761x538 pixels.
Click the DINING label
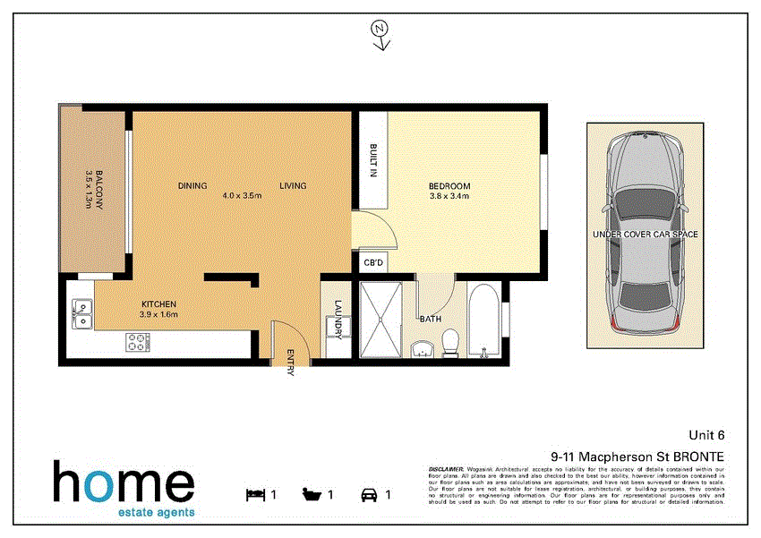192,186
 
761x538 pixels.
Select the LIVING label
293,186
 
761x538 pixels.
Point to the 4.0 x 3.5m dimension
242,195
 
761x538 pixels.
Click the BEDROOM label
449,186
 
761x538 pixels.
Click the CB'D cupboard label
373,264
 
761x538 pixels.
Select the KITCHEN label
158,304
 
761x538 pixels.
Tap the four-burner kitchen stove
137,342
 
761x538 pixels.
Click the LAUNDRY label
339,319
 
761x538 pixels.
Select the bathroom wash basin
422,347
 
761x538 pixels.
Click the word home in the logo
124,483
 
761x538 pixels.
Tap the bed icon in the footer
255,493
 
